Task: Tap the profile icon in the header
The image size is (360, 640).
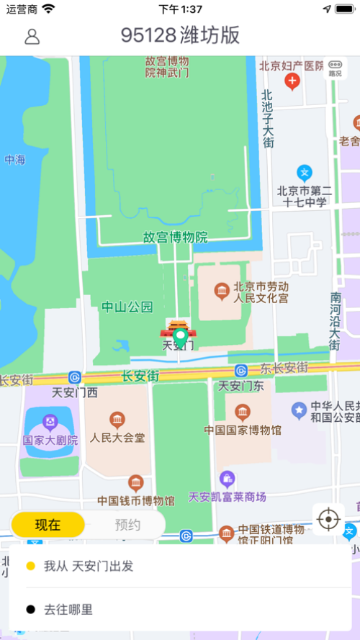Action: pyautogui.click(x=32, y=36)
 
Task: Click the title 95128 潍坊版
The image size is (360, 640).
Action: pyautogui.click(x=180, y=35)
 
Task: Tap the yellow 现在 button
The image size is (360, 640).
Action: pyautogui.click(x=48, y=525)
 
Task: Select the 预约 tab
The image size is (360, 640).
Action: pyautogui.click(x=127, y=525)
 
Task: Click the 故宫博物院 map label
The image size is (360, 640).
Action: pyautogui.click(x=175, y=237)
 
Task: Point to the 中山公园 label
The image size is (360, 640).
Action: pyautogui.click(x=127, y=307)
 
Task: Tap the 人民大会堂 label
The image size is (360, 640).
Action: pyautogui.click(x=117, y=437)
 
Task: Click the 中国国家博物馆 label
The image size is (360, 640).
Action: pyautogui.click(x=243, y=431)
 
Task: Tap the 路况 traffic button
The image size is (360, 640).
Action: pyautogui.click(x=335, y=67)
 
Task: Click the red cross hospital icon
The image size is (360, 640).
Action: pyautogui.click(x=292, y=81)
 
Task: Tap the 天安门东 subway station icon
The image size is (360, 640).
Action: pyautogui.click(x=240, y=371)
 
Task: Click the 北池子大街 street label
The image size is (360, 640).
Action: pyautogui.click(x=267, y=119)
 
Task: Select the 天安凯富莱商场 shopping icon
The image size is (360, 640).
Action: pyautogui.click(x=228, y=478)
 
